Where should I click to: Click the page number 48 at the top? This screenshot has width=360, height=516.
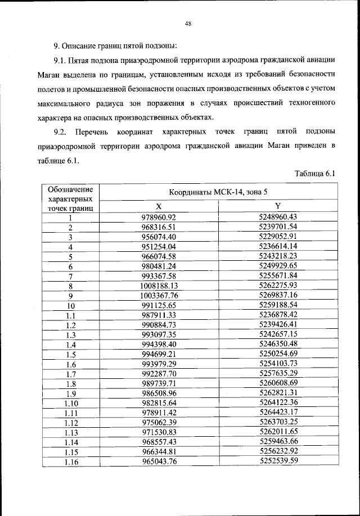188,23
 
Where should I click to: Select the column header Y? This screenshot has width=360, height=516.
278,206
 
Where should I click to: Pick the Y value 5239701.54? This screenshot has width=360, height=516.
278,227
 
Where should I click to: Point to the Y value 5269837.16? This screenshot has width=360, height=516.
278,295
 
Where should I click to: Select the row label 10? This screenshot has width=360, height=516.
71,306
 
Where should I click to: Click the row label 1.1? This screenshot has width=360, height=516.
71,315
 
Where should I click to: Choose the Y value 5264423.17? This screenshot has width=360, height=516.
278,413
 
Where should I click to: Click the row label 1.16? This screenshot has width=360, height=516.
71,462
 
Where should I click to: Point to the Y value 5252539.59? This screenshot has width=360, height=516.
278,461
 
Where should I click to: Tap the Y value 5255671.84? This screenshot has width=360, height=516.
278,276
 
